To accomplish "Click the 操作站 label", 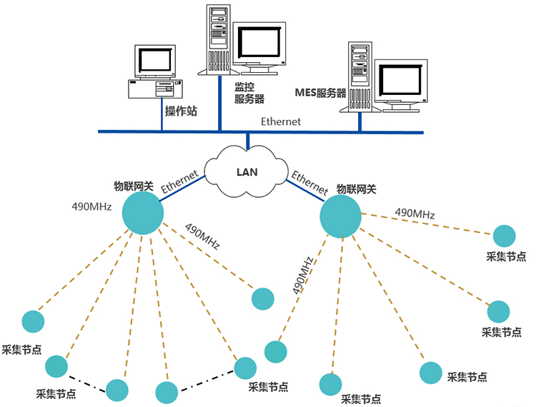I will click(181, 111).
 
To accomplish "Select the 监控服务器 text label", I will click(249, 92).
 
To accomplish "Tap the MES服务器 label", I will click(320, 94).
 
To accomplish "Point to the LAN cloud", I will click(247, 171).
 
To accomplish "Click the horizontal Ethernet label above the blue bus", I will click(281, 121).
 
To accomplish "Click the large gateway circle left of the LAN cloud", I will click(143, 212).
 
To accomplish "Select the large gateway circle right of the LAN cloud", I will click(341, 217).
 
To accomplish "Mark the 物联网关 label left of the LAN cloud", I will click(134, 186).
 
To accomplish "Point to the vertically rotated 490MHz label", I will click(303, 275).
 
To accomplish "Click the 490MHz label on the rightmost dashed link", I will click(415, 213).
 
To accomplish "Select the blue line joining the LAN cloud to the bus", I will click(247, 141).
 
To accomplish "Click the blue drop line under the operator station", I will click(162, 116).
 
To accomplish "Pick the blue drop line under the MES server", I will click(359, 121).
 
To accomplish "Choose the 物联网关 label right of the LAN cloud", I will click(356, 189).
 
